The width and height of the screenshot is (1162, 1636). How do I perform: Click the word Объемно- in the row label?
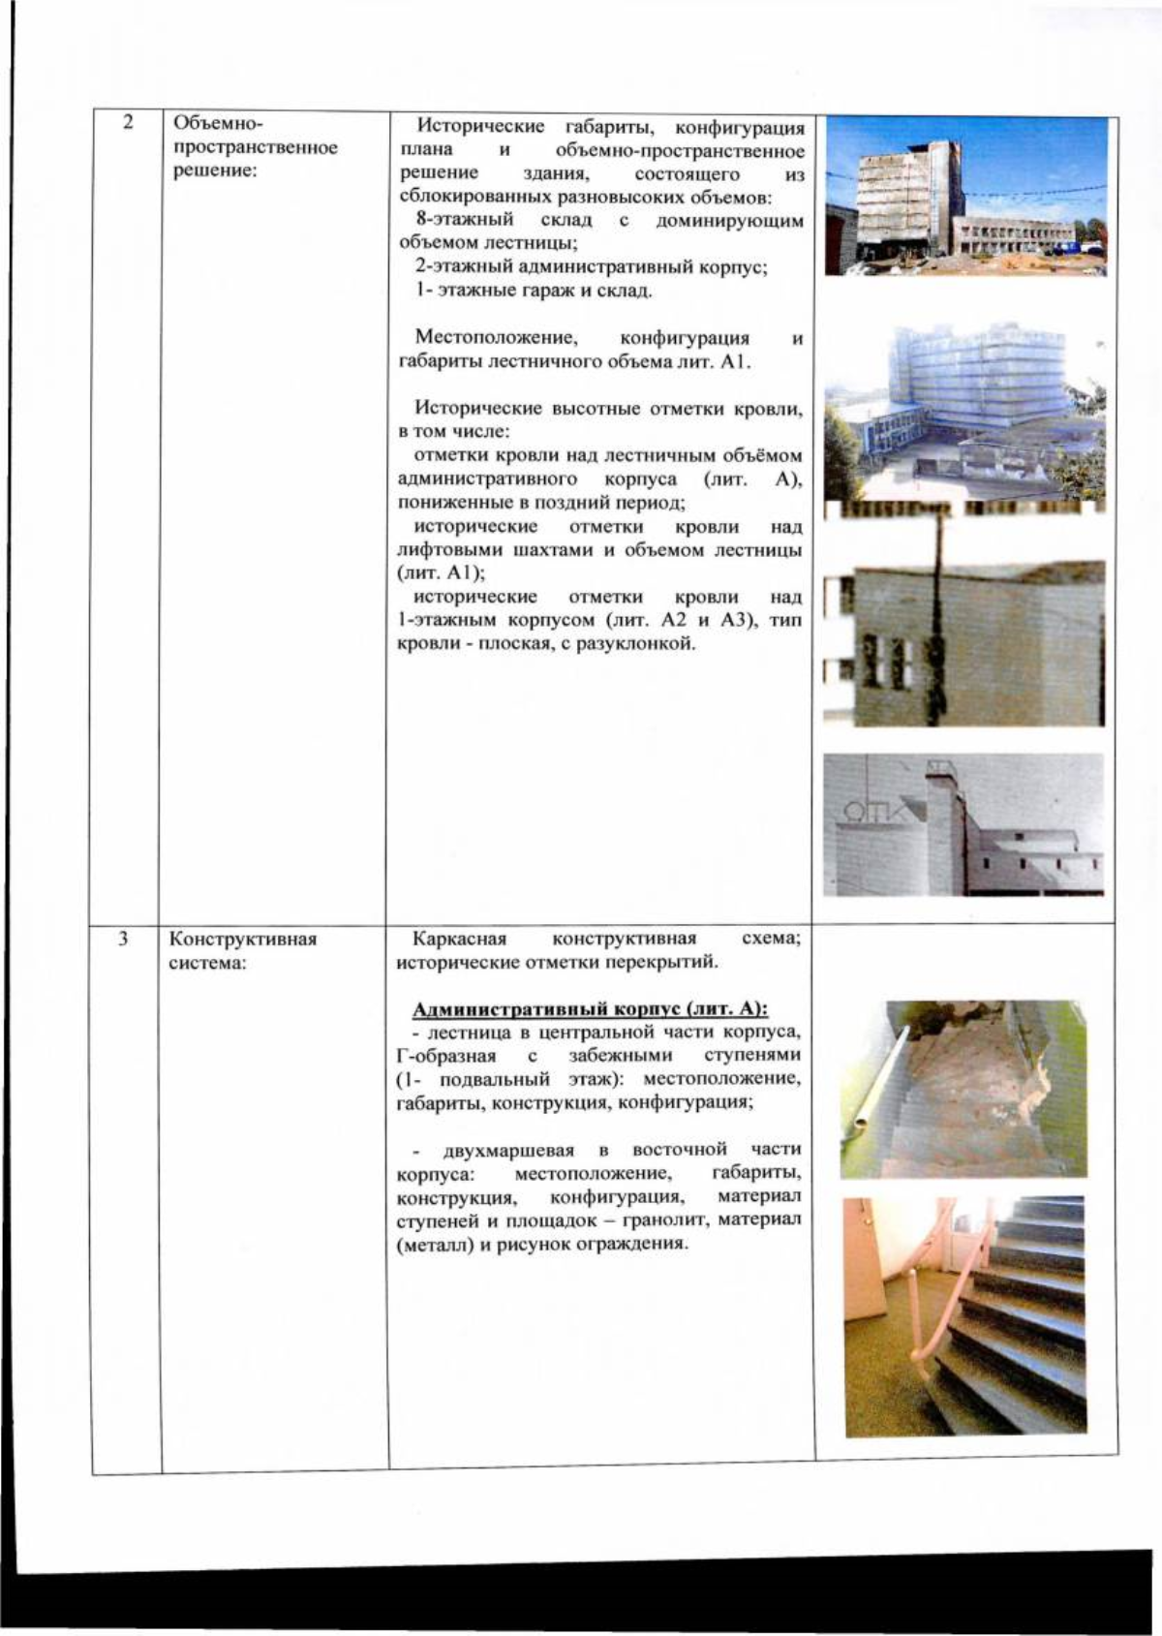pos(210,124)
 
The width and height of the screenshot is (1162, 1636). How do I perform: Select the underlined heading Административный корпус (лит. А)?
pos(590,1009)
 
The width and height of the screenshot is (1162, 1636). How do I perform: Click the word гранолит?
pos(673,1220)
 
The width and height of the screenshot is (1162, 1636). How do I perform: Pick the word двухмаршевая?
pos(508,1150)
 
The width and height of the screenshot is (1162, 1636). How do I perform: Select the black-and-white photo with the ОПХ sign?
pos(963,825)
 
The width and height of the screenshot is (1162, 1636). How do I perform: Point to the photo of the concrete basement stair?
pos(963,1089)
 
